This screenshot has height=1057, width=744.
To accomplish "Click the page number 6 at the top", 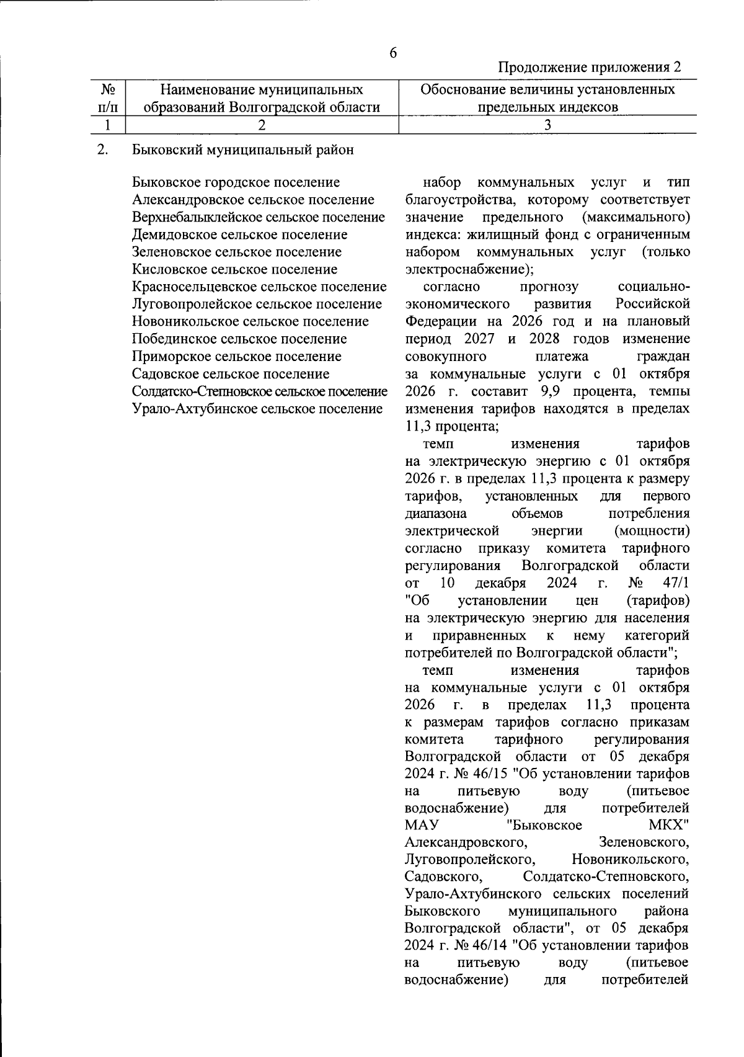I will (393, 53).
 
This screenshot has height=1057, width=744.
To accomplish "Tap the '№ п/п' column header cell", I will (108, 99).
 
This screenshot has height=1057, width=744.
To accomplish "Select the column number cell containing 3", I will (547, 125).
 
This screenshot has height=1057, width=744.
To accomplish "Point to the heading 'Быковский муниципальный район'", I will (243, 150).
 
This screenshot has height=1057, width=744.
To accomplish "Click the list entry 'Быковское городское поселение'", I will (236, 182).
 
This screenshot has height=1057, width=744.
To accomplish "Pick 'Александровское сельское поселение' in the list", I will (253, 200).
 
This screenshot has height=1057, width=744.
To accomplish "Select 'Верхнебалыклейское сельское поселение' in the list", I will (259, 217).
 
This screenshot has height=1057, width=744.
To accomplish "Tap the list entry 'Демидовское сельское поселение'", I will (240, 234).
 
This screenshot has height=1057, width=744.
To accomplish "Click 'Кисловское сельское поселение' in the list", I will (235, 269).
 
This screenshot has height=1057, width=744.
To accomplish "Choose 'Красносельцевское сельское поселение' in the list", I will (259, 287).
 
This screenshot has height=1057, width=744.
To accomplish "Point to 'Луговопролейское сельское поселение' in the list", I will (257, 304).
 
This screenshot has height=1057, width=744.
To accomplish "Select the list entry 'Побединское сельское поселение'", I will (239, 339).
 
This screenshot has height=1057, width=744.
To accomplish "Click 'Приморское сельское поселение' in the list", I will (237, 357).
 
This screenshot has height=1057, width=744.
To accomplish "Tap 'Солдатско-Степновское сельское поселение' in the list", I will (260, 391).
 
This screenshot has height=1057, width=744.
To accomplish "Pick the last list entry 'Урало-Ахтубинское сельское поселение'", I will (257, 409).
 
